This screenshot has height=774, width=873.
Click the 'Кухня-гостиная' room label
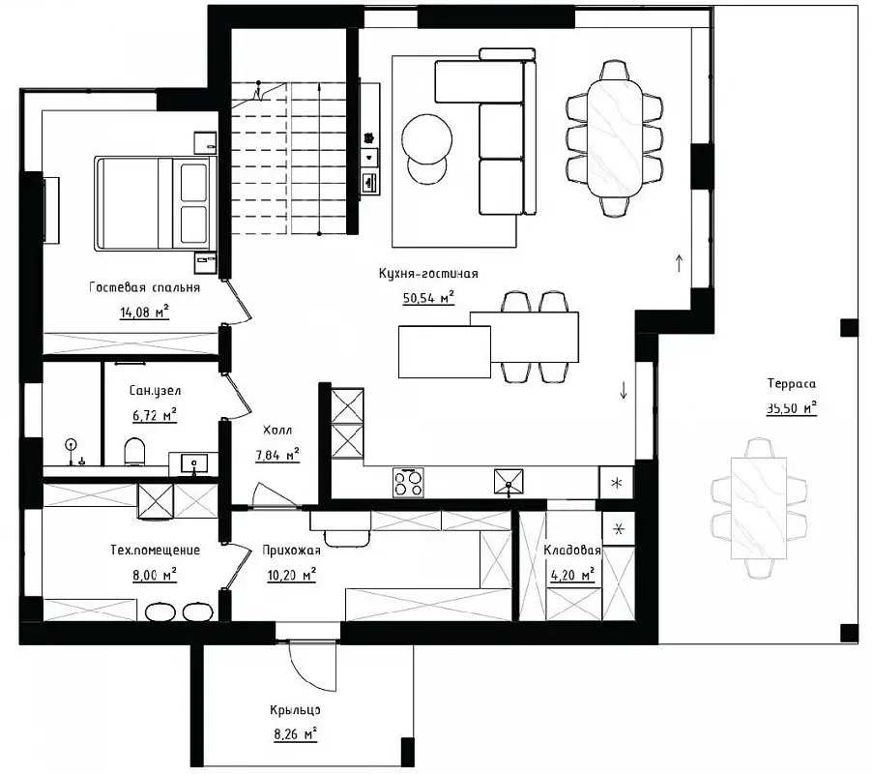(428, 274)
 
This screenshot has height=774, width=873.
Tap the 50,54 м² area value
(428, 298)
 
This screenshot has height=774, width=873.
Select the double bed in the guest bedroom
(156, 203)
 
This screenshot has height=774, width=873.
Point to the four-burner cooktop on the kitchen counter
(408, 483)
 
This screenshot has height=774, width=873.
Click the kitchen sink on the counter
(509, 482)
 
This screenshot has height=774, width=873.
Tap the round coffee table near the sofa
(426, 140)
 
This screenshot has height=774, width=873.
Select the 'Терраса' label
(791, 383)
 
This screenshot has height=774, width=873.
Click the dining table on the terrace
(758, 508)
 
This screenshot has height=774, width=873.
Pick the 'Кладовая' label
(572, 550)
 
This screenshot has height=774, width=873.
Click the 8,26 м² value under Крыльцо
(295, 734)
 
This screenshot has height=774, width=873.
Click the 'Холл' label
(277, 431)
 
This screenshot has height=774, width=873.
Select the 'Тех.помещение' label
(155, 551)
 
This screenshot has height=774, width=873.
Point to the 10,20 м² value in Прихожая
(292, 575)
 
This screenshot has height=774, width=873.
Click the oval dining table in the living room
(615, 137)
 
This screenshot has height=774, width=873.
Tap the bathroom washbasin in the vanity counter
(193, 462)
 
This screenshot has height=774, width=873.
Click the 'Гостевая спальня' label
(144, 287)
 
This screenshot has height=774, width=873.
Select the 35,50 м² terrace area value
(791, 408)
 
